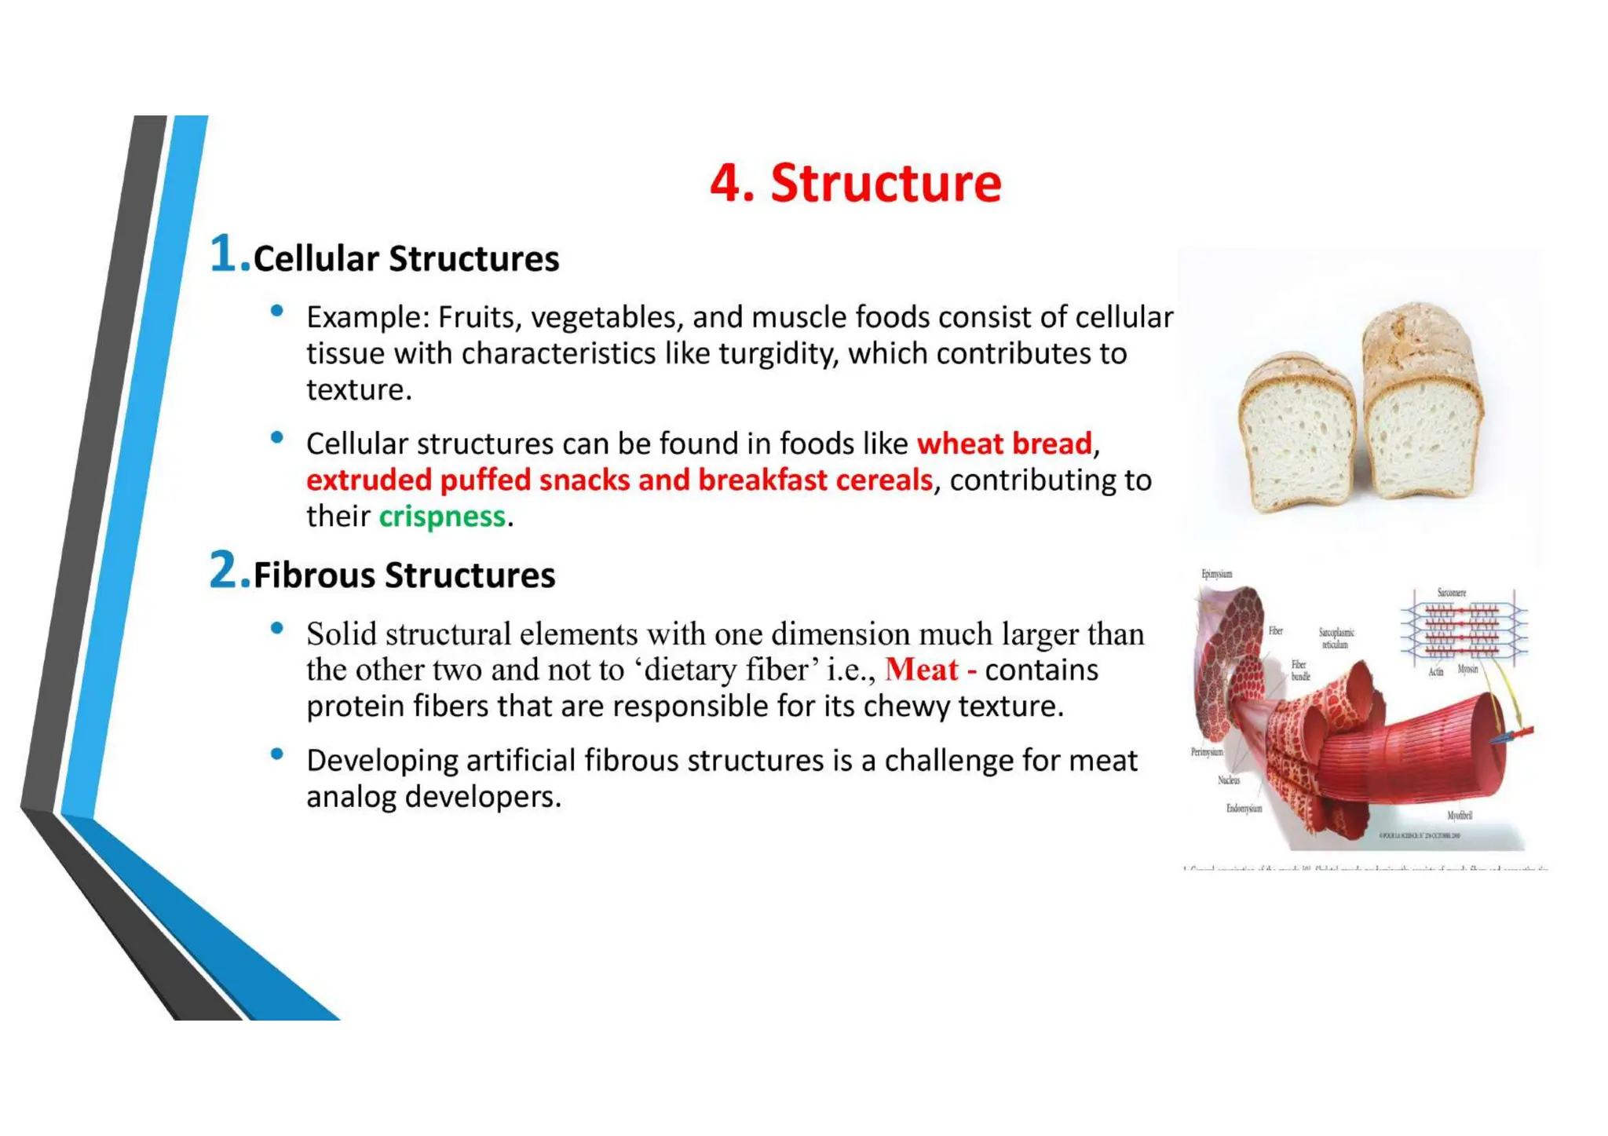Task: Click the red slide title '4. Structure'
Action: pos(855,183)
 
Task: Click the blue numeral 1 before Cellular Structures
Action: pos(224,254)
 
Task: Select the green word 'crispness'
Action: pos(442,517)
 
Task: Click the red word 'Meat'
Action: pos(922,670)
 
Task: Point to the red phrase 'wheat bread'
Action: pos(1004,444)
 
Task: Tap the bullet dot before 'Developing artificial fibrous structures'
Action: pos(276,754)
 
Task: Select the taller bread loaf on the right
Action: pos(1422,408)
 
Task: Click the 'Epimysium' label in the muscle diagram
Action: pos(1216,574)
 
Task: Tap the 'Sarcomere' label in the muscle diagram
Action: pos(1451,593)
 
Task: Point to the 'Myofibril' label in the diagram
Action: pos(1459,816)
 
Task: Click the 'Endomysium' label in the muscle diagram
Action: pos(1244,809)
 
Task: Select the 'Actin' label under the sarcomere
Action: pos(1435,672)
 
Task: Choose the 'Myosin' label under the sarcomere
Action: pos(1467,669)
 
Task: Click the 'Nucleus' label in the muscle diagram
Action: pos(1229,780)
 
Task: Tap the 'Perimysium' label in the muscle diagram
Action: pos(1207,752)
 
